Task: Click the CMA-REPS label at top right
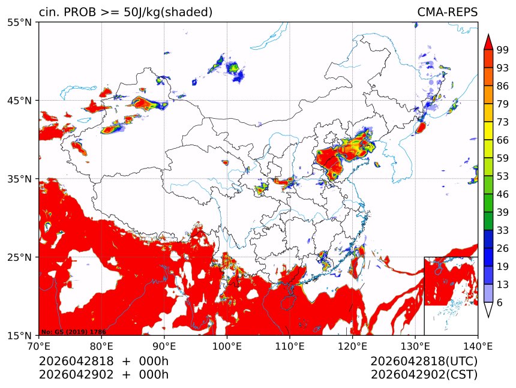click(447, 13)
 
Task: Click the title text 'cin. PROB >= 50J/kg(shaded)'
click(125, 13)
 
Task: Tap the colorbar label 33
click(503, 230)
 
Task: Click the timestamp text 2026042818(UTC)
click(424, 362)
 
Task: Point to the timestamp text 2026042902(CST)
click(424, 375)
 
